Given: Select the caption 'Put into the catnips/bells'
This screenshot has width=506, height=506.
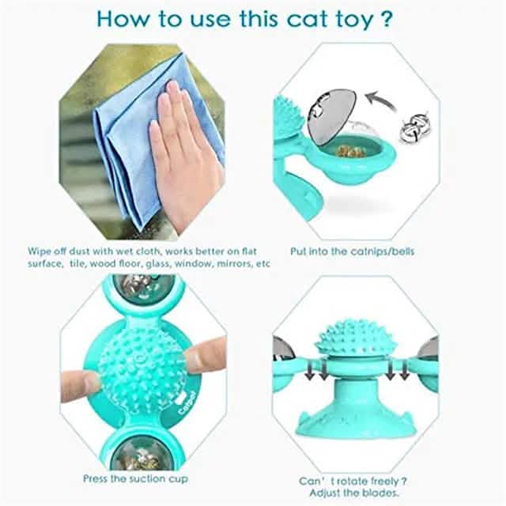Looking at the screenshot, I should coord(352,251).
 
